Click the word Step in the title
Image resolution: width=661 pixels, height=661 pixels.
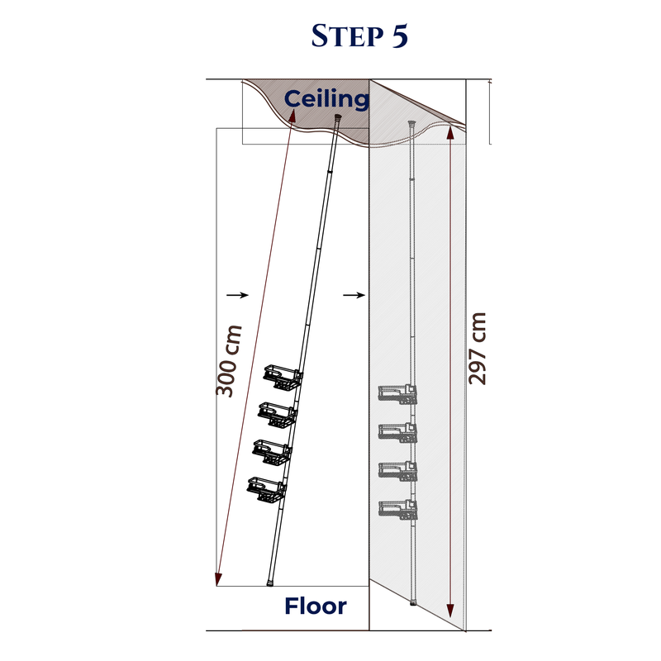pos(347,36)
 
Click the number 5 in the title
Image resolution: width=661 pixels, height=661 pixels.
pos(400,36)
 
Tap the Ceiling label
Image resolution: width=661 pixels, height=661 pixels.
pos(326,99)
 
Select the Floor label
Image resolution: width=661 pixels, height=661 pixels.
pos(316,606)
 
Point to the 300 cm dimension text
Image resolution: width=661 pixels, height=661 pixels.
pos(229,361)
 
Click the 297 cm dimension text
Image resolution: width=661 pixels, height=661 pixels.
pos(478,348)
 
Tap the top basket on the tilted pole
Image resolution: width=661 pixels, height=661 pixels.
pos(283,377)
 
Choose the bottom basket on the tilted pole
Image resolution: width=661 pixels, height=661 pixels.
pos(266,490)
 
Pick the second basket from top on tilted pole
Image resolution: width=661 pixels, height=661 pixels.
pos(278,415)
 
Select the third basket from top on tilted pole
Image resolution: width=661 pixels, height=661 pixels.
pos(272,452)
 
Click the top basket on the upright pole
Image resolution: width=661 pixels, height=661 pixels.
pos(397,394)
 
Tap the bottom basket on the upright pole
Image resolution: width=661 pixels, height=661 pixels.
pos(397,510)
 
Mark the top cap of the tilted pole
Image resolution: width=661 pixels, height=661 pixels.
pos(338,117)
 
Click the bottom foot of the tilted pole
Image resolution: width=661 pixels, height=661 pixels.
pos(270,584)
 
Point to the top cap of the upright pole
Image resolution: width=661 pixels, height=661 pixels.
pos(411,124)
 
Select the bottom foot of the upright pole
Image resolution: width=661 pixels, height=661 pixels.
pos(413,603)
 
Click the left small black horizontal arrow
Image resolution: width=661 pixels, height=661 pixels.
pos(237,295)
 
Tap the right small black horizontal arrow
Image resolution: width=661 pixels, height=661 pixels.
pos(354,295)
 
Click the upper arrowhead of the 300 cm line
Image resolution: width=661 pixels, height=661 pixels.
pos(292,115)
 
